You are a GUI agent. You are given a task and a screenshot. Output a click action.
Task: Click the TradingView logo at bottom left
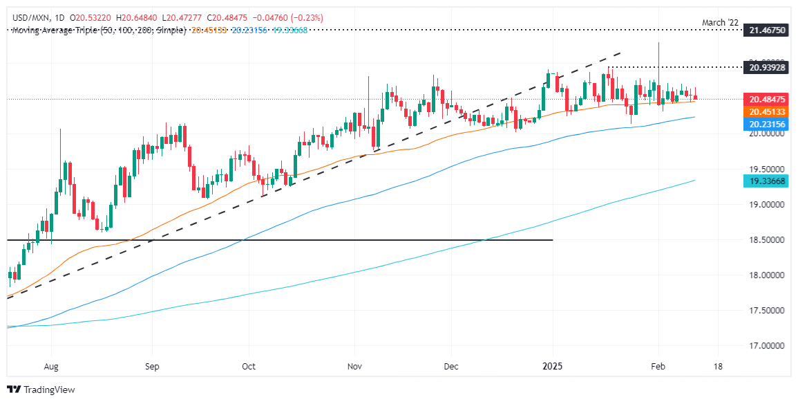(41, 390)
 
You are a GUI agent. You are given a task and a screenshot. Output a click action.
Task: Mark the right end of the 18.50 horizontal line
(552, 240)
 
